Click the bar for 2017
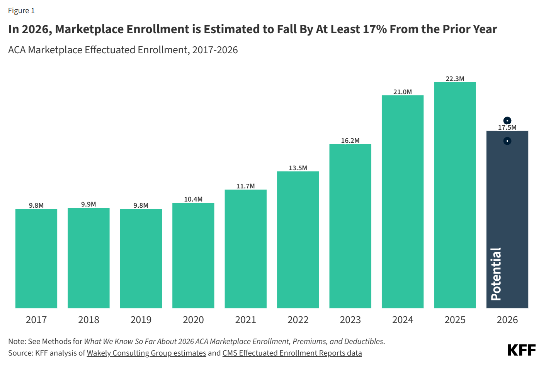click(x=36, y=258)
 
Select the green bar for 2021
click(x=245, y=249)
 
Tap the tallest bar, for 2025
click(x=455, y=195)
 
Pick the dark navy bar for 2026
click(x=507, y=219)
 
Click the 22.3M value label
click(x=455, y=79)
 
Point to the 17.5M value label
click(x=507, y=127)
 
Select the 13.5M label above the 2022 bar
click(x=298, y=168)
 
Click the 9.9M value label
click(x=88, y=204)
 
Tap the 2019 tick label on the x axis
click(x=141, y=320)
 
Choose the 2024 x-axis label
click(x=403, y=320)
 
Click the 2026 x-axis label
click(x=507, y=320)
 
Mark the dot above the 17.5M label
click(x=507, y=120)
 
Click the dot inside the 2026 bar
click(x=507, y=141)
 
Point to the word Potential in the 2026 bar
click(x=496, y=274)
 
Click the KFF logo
click(x=522, y=350)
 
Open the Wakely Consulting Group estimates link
click(x=146, y=353)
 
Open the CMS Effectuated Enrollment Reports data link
click(x=292, y=353)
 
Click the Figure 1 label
click(x=22, y=11)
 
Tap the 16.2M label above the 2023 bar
click(x=350, y=141)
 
